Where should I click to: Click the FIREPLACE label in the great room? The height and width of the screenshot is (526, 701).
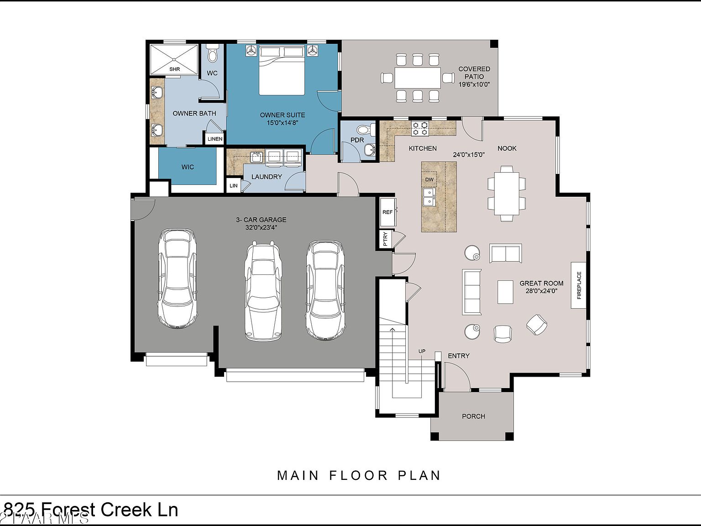[579, 285]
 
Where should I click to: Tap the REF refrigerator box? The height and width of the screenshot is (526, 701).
[387, 212]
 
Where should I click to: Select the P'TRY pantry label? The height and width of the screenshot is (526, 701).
[385, 239]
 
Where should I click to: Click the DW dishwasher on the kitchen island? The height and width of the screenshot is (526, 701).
[429, 179]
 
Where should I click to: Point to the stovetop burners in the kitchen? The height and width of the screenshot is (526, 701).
[420, 128]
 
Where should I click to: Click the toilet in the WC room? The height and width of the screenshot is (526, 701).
[212, 55]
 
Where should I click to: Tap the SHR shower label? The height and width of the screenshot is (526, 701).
[174, 69]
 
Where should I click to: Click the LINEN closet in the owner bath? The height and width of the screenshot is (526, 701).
[215, 139]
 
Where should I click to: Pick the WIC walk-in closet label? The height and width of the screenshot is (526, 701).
[188, 167]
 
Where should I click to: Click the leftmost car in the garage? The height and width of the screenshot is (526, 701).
[178, 279]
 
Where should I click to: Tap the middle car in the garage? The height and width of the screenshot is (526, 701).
[262, 291]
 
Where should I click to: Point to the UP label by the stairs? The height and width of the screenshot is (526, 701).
[422, 351]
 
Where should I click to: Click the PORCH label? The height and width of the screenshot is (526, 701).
[473, 416]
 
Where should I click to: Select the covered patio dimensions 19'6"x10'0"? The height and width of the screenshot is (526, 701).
[474, 84]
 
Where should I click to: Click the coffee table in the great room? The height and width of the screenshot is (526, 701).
[505, 292]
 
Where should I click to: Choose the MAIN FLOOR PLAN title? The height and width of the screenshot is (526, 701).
[359, 475]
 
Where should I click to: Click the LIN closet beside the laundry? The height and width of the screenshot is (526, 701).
[234, 186]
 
